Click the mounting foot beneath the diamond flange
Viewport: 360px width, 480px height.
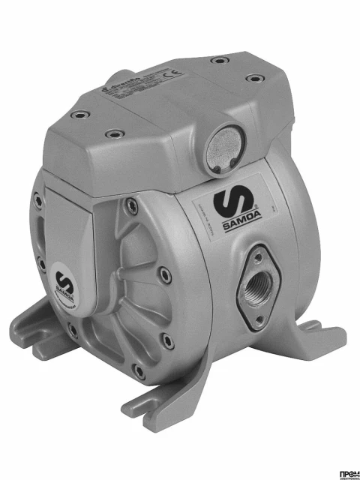315,330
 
